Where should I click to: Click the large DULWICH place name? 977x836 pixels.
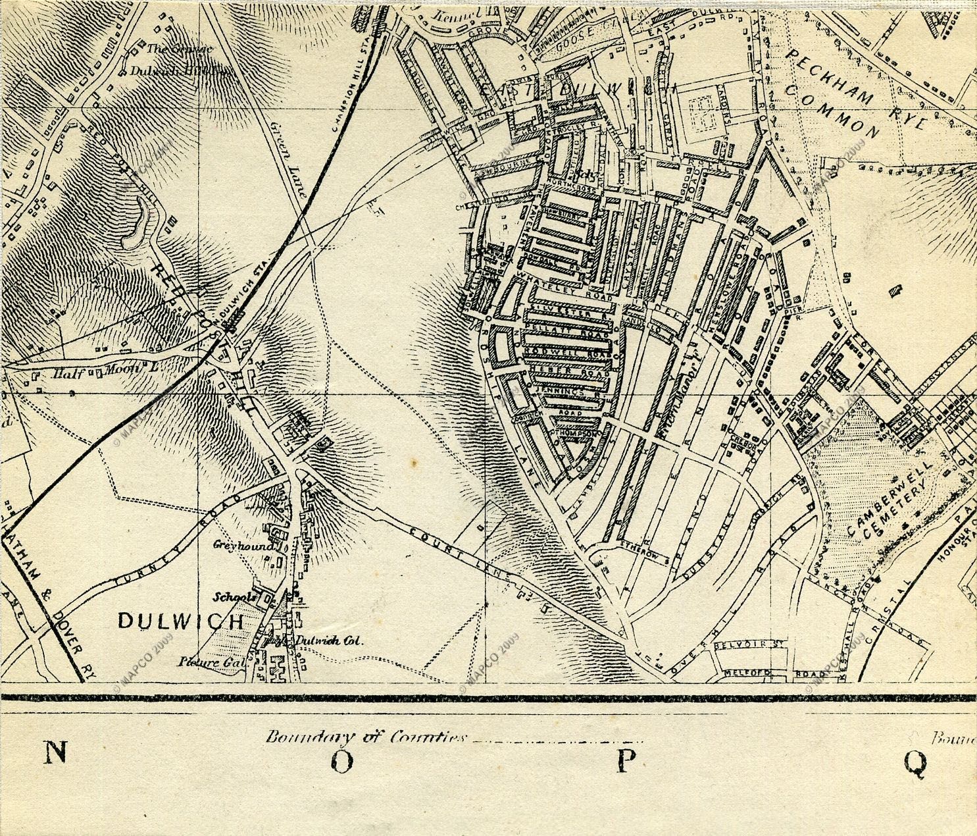(180, 621)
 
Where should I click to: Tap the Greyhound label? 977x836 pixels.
(234, 545)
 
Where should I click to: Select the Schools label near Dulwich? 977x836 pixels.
(235, 597)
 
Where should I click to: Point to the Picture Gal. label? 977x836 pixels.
(210, 662)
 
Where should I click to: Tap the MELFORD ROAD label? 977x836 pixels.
(774, 674)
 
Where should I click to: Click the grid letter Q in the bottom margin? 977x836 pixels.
(914, 762)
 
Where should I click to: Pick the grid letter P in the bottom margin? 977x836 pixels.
(625, 761)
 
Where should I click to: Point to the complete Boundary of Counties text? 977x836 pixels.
(366, 737)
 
